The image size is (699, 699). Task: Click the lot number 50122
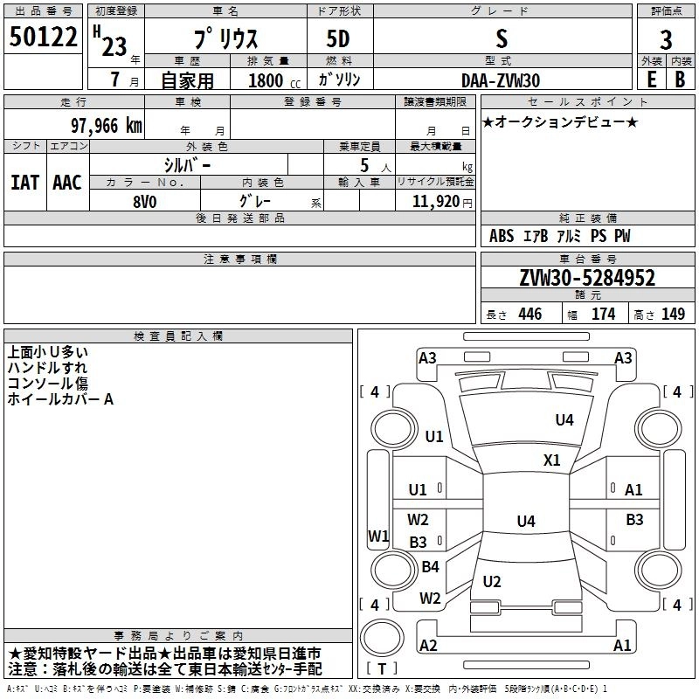[x=43, y=37]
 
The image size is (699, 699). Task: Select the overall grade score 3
[x=666, y=40]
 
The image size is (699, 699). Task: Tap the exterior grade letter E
[x=651, y=80]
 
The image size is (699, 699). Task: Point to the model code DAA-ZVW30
[x=501, y=80]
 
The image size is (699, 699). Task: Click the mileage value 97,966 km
[x=107, y=126]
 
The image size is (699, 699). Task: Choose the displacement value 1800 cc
[x=274, y=80]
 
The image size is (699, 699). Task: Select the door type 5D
[x=338, y=39]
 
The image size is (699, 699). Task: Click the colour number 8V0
[x=145, y=202]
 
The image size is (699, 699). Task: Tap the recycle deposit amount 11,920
[x=436, y=201]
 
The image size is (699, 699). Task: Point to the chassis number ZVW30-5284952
[x=587, y=278]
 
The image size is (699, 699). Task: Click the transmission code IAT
[x=25, y=183]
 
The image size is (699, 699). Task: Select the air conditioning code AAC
[x=67, y=183]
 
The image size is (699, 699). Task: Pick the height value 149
[x=673, y=314]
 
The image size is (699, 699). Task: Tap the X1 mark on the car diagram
[x=552, y=460]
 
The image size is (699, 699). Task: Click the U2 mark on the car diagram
[x=492, y=581]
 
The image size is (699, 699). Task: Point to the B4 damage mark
[x=430, y=566]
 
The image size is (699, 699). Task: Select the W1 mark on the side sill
[x=378, y=536]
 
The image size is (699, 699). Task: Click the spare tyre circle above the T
[x=382, y=638]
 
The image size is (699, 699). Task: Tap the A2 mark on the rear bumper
[x=428, y=645]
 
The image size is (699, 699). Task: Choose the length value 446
[x=530, y=314]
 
